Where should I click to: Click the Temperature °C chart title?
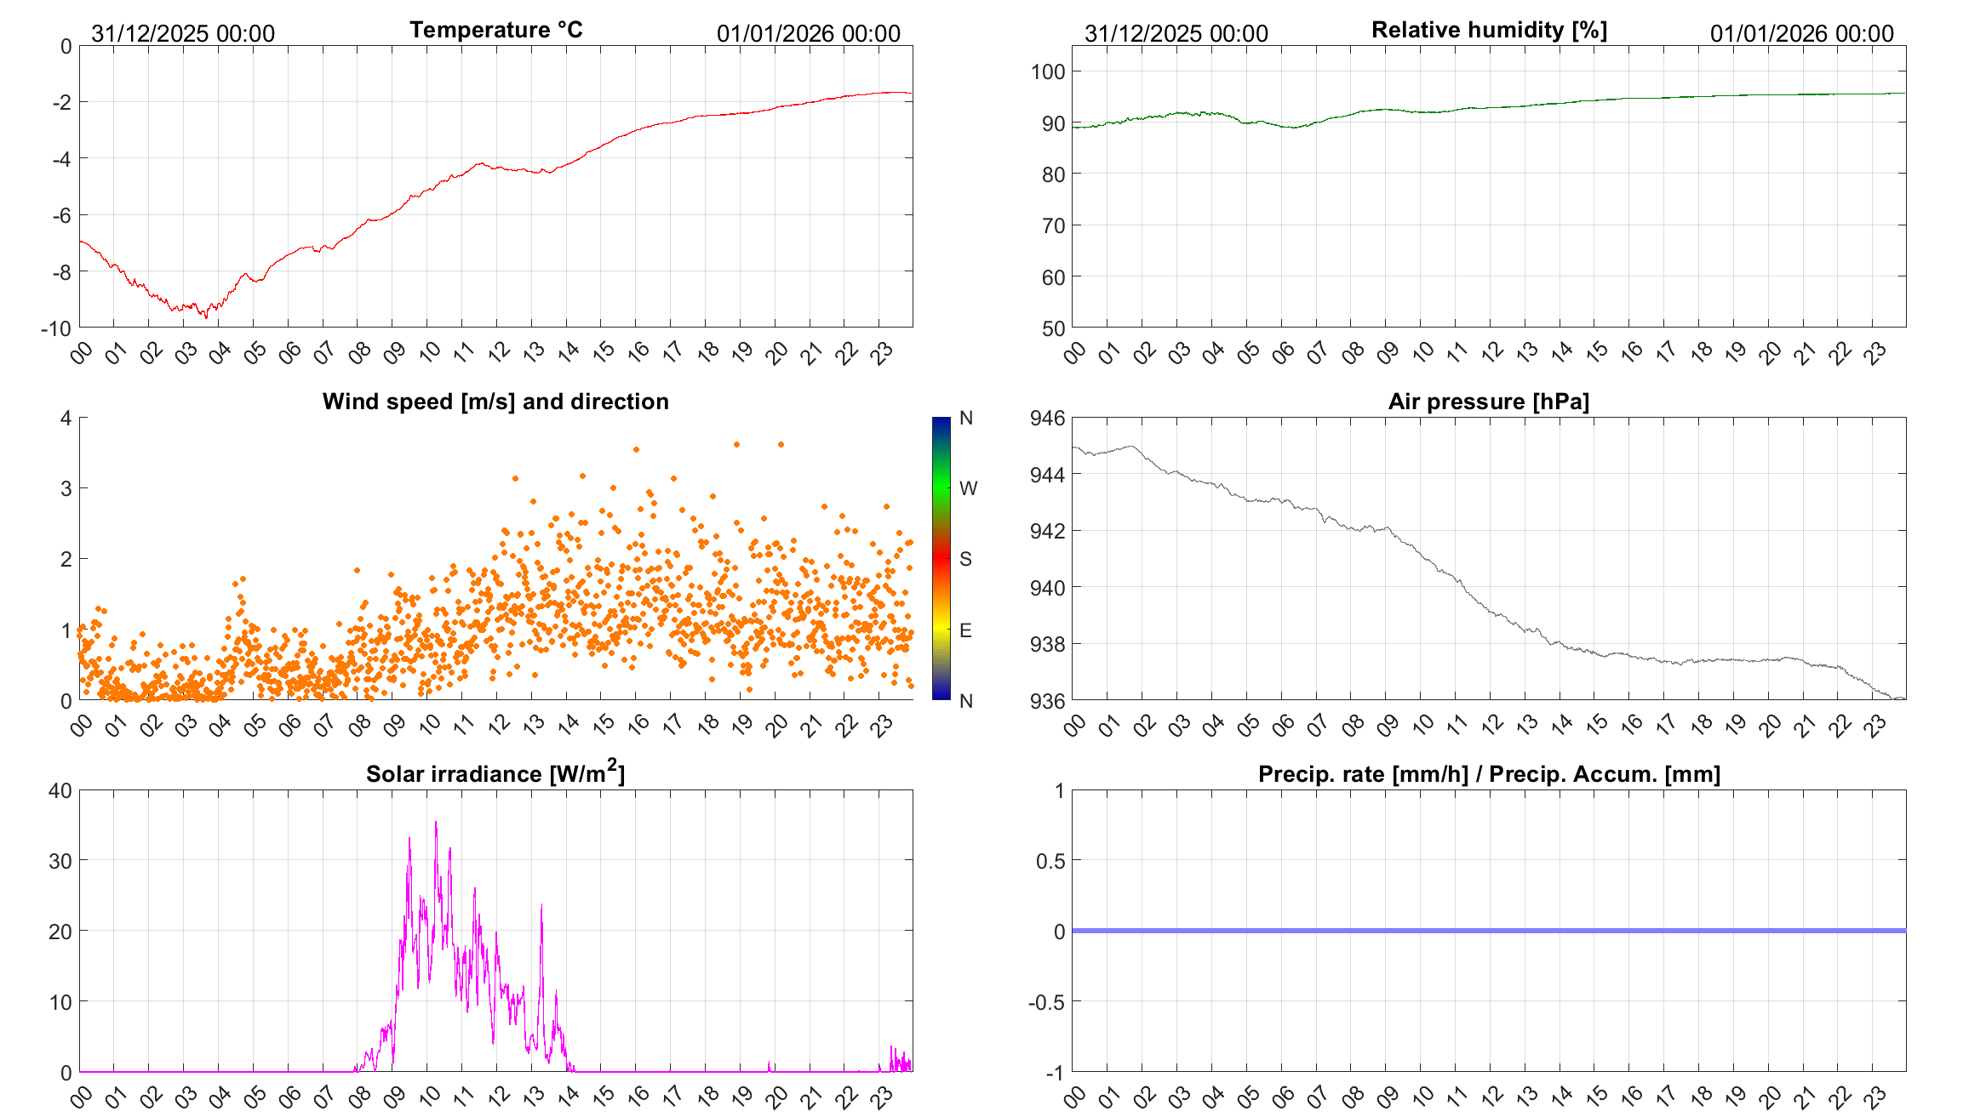(x=495, y=30)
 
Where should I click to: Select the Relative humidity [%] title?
(x=1489, y=30)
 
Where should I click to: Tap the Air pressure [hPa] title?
(x=1488, y=402)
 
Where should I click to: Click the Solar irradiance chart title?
(x=495, y=773)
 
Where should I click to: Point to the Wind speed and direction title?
(x=495, y=402)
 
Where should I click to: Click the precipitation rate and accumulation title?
(x=1489, y=774)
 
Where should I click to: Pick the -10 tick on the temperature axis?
(x=56, y=328)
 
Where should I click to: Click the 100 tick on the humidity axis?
(x=1048, y=71)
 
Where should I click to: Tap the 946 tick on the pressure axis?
(x=1048, y=418)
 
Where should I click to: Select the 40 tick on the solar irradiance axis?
(x=60, y=790)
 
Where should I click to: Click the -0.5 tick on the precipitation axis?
(x=1046, y=1002)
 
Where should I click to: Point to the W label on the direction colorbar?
(x=968, y=488)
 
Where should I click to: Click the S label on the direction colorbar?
(x=965, y=559)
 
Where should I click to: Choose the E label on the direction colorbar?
(x=965, y=630)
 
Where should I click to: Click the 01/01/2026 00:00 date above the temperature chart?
(x=808, y=33)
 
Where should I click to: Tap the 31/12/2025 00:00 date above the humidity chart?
(x=1176, y=33)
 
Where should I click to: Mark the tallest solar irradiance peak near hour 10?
(x=436, y=823)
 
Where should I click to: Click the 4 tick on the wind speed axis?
(x=66, y=418)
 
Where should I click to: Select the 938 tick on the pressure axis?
(x=1048, y=644)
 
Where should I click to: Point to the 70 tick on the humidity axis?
(x=1053, y=225)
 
